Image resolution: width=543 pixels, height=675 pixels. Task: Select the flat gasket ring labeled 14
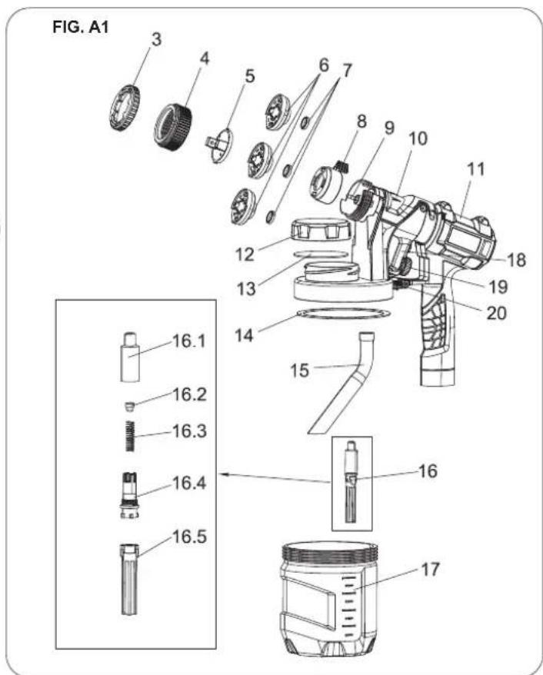338,314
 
